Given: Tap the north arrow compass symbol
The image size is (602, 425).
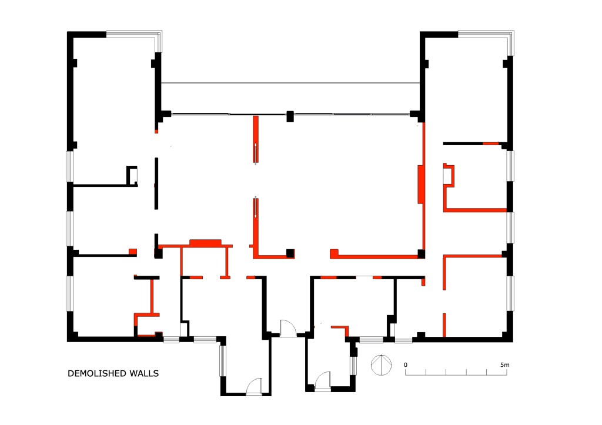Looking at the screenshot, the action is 381,364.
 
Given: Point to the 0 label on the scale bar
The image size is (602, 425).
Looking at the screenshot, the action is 406,364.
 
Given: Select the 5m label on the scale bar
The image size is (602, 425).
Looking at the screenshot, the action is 504,364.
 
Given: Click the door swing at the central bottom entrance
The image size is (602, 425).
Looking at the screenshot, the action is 288,328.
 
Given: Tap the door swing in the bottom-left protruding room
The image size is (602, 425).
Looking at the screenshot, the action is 254,386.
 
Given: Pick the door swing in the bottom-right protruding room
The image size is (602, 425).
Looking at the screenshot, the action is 323,381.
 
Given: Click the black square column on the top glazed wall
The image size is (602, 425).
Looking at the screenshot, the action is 290,116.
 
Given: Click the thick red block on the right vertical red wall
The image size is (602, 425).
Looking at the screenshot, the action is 420,184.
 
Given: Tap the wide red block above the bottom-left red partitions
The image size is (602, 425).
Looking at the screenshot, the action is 205,243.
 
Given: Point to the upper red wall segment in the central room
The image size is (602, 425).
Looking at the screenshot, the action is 255,139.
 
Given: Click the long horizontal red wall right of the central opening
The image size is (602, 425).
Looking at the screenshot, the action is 374,255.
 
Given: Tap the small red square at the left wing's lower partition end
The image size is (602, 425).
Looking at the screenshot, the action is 132,252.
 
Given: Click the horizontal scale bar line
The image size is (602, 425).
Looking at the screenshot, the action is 456,374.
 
